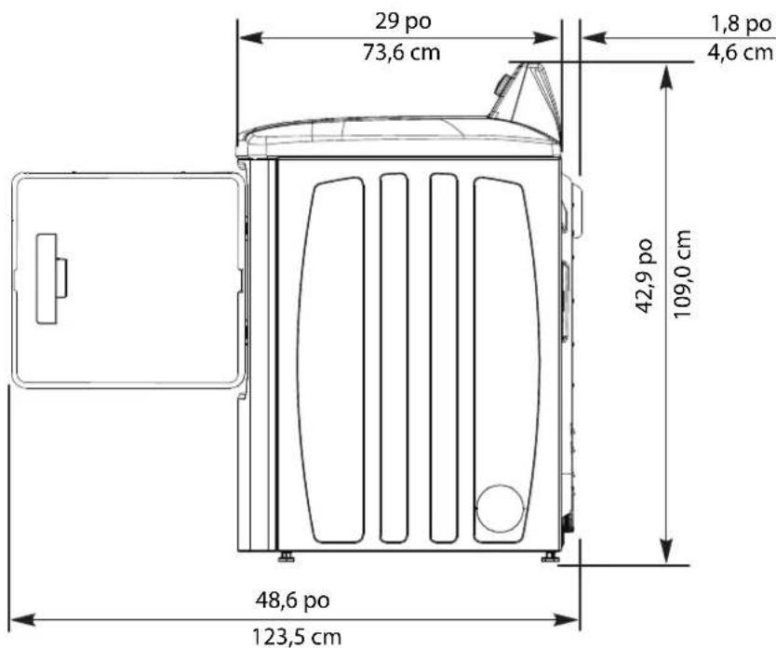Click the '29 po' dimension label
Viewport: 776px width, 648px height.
pos(399,20)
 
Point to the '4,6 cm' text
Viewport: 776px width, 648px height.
pos(741,52)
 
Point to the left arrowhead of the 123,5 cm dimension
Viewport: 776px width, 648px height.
pos(19,617)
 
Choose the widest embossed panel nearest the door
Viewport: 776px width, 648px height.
pos(332,360)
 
